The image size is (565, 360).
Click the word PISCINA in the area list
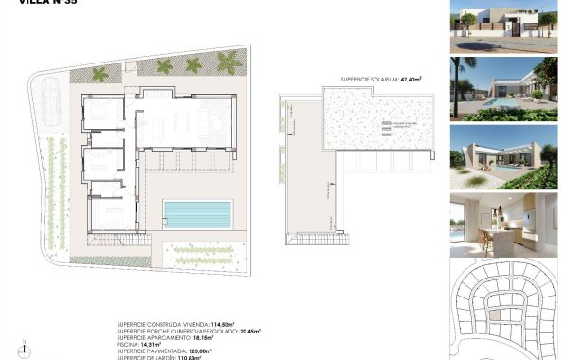point(130,344)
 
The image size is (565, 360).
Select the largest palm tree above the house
point(229,63)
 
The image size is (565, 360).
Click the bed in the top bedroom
point(100,116)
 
